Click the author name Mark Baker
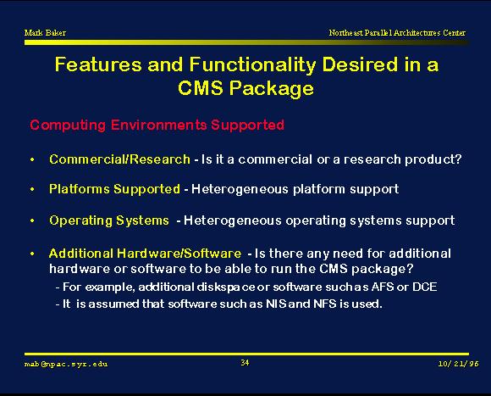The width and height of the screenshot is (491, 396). [45, 32]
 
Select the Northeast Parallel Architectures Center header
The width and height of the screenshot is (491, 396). [397, 32]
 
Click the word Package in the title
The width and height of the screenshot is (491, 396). [271, 88]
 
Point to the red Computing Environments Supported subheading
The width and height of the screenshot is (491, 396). [157, 125]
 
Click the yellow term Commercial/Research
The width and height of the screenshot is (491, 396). [119, 159]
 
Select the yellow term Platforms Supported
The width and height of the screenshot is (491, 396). [114, 189]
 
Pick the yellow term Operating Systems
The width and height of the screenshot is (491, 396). [109, 220]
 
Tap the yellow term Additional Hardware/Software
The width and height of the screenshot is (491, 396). [146, 254]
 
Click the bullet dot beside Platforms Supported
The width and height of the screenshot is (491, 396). [32, 189]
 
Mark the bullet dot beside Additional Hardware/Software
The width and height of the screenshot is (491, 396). [32, 254]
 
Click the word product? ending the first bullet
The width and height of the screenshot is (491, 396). [433, 159]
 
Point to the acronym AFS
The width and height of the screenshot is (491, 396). [383, 287]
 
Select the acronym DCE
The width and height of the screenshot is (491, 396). [424, 287]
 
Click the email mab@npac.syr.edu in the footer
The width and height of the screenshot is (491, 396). [66, 364]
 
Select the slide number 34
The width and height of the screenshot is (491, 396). [245, 363]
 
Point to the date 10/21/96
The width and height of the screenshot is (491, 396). [459, 364]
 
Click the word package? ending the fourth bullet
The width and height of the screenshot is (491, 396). [383, 270]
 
